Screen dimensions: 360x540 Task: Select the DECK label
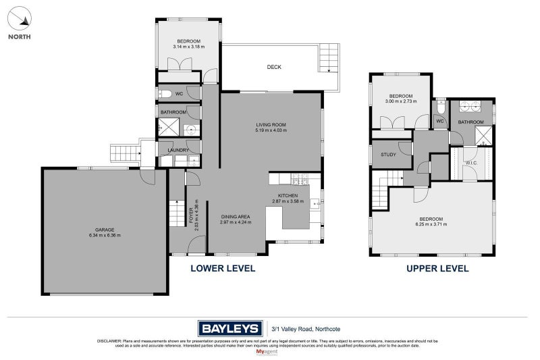tap(273, 67)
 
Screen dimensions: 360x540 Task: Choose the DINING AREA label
tap(235, 217)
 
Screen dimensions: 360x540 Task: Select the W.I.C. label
tap(472, 163)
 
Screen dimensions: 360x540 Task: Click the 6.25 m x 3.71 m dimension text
tap(431, 224)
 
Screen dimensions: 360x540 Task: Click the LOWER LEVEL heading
tap(223, 268)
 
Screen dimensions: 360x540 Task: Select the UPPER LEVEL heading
tap(437, 268)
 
